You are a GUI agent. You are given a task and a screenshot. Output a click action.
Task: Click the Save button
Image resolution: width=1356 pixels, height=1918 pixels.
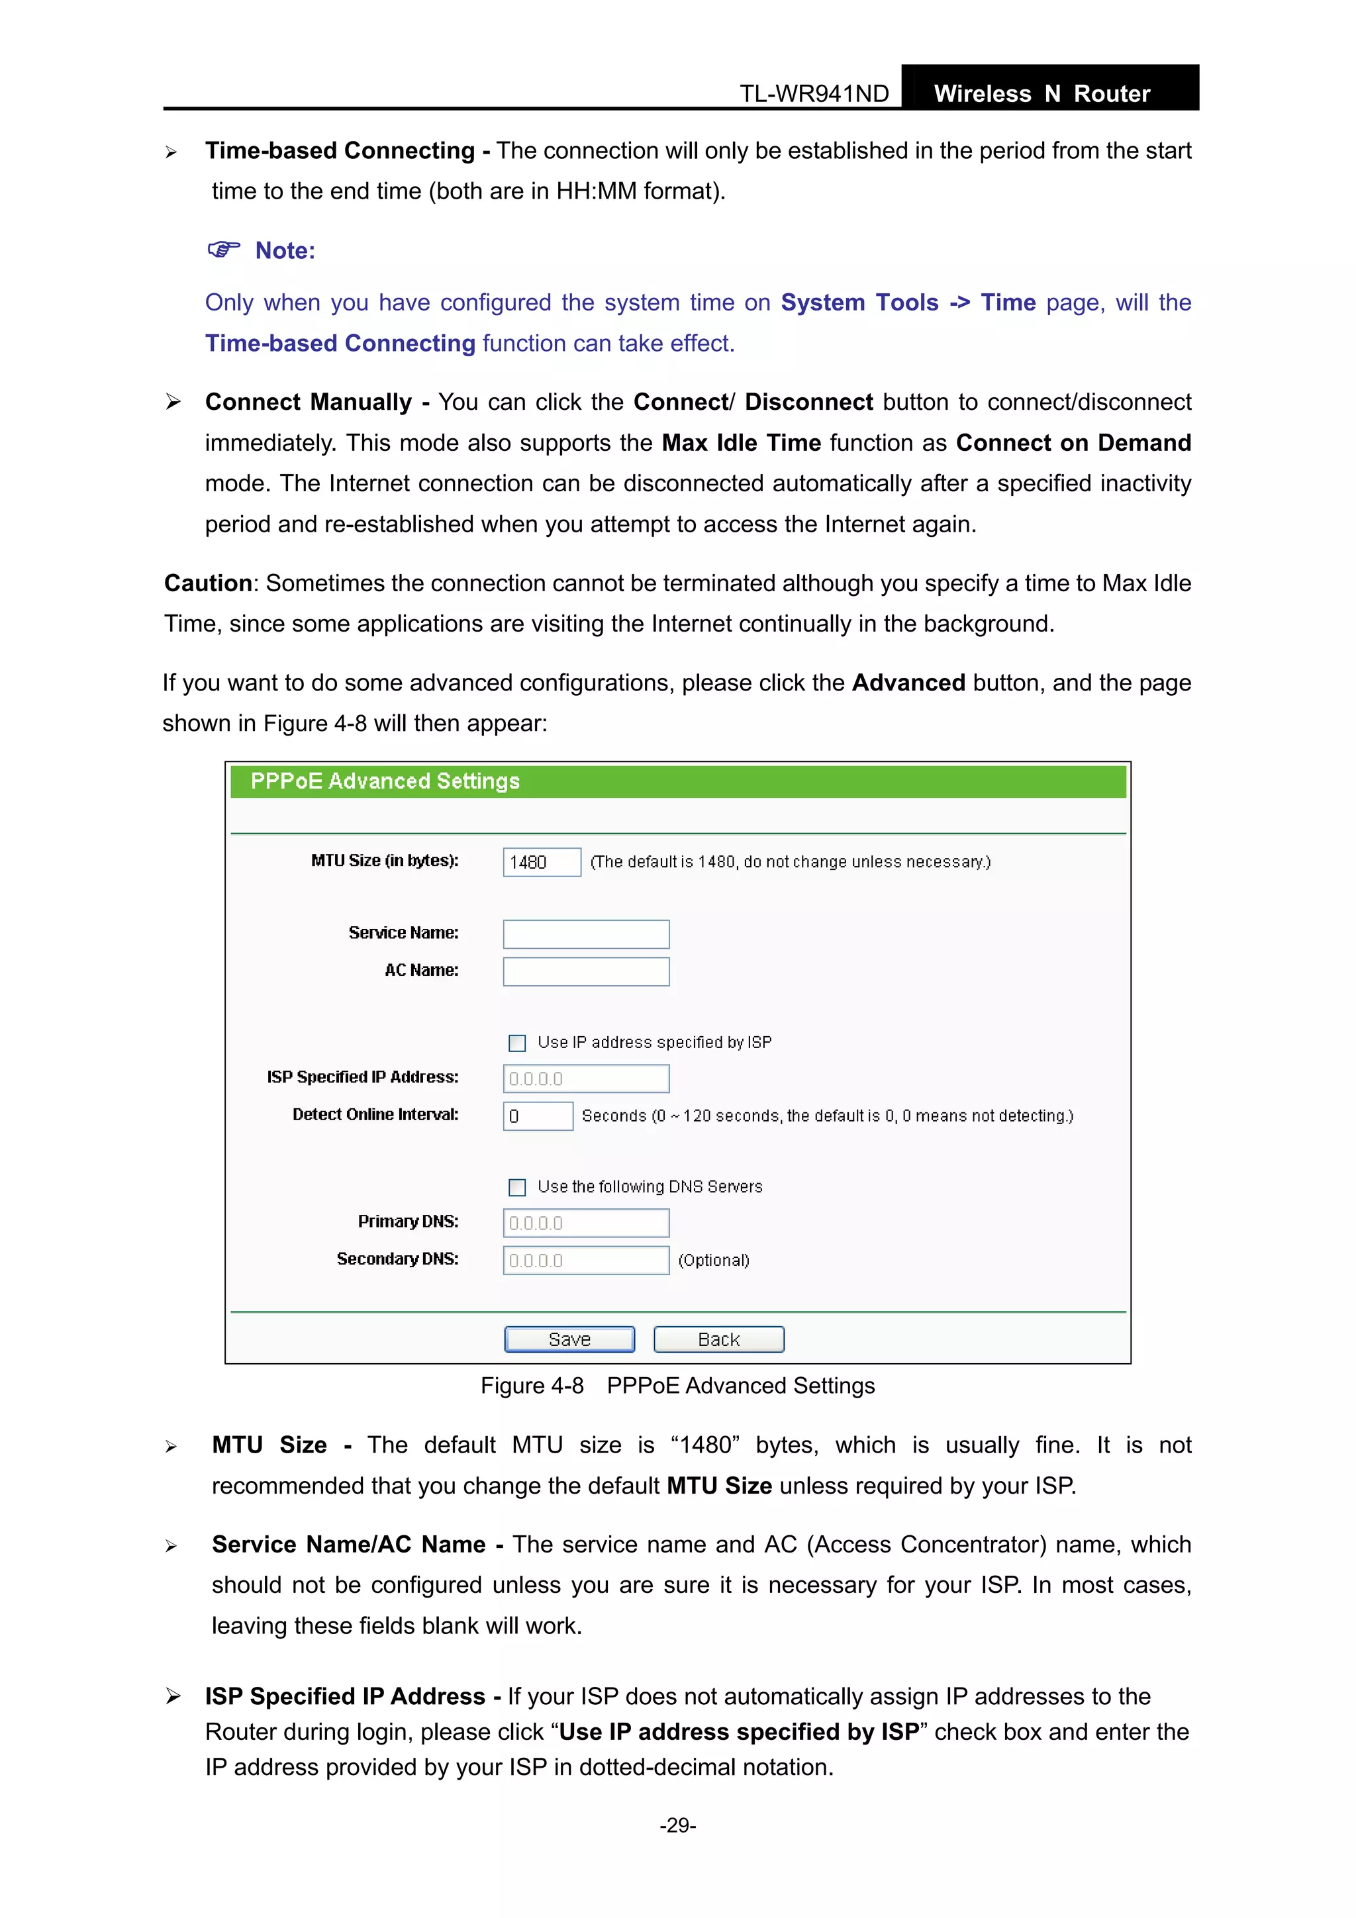pyautogui.click(x=569, y=1339)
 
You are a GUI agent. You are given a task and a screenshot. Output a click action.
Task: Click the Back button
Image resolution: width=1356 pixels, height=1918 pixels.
pyautogui.click(x=718, y=1339)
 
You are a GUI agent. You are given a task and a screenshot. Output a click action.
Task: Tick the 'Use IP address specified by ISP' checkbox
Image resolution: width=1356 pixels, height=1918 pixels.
pyautogui.click(x=517, y=1043)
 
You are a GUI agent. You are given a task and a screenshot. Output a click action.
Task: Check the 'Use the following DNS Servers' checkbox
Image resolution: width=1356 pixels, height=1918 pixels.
pyautogui.click(x=517, y=1187)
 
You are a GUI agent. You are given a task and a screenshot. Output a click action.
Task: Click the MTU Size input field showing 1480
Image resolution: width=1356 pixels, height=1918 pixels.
pyautogui.click(x=542, y=862)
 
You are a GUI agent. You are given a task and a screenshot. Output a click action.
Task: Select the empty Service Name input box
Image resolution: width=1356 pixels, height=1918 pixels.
pyautogui.click(x=586, y=934)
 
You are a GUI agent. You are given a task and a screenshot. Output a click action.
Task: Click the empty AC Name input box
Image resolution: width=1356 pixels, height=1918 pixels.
pyautogui.click(x=586, y=971)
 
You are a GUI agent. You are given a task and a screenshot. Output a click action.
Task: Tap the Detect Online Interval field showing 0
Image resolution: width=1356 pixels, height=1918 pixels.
pyautogui.click(x=537, y=1116)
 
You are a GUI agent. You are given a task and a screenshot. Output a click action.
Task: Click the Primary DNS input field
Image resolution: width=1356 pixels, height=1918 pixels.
pyautogui.click(x=586, y=1223)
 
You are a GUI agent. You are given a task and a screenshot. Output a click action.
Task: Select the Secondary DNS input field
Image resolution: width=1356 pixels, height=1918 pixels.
pyautogui.click(x=586, y=1261)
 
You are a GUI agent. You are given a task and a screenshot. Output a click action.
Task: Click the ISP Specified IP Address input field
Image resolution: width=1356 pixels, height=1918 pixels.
pyautogui.click(x=586, y=1079)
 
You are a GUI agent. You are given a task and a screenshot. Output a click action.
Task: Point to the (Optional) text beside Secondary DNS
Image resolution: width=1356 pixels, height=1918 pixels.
pyautogui.click(x=714, y=1260)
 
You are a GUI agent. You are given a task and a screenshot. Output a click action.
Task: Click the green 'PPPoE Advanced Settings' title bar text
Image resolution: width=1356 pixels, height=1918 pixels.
pyautogui.click(x=385, y=781)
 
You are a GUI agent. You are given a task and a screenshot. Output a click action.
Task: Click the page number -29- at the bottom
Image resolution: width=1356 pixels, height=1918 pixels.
pyautogui.click(x=677, y=1825)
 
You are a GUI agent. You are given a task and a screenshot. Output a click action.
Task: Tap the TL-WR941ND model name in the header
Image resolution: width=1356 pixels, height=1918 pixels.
pyautogui.click(x=814, y=93)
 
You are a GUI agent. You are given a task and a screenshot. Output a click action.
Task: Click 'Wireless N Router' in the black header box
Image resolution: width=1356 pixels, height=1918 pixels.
pyautogui.click(x=1042, y=93)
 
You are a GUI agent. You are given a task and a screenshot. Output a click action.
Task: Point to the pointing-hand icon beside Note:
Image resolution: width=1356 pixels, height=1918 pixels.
pyautogui.click(x=223, y=250)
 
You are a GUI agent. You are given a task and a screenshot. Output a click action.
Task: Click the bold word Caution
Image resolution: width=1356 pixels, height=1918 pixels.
pyautogui.click(x=208, y=583)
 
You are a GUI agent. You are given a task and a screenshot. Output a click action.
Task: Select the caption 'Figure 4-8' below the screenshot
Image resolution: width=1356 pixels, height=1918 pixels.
pyautogui.click(x=532, y=1386)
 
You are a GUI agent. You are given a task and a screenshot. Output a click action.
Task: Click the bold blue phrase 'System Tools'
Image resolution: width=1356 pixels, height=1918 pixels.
pyautogui.click(x=859, y=303)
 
